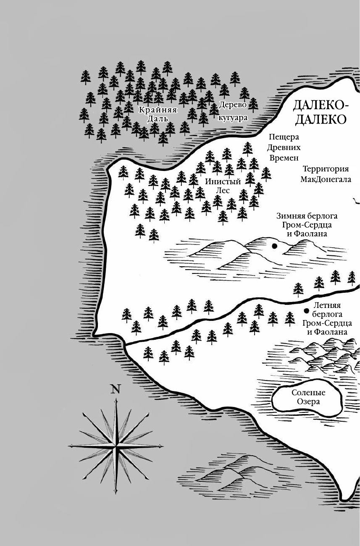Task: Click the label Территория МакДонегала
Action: pyautogui.click(x=326, y=174)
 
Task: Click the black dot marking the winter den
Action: pyautogui.click(x=275, y=246)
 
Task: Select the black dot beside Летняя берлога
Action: pyautogui.click(x=307, y=311)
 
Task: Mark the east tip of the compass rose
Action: pyautogui.click(x=163, y=446)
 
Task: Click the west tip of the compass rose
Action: pyautogui.click(x=68, y=446)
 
